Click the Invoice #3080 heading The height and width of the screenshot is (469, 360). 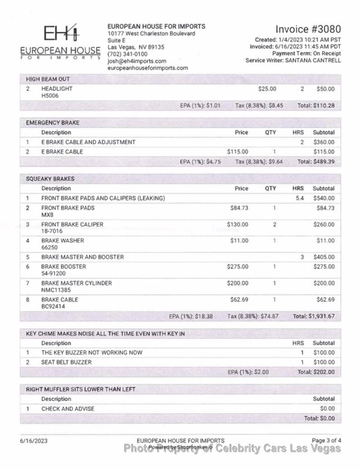(x=308, y=29)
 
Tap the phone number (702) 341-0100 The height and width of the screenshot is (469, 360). (x=127, y=54)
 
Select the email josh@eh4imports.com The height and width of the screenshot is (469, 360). (x=137, y=61)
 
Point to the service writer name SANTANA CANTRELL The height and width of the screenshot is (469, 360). (x=313, y=60)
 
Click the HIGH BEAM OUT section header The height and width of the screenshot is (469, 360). (x=48, y=79)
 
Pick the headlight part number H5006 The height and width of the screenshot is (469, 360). (x=50, y=96)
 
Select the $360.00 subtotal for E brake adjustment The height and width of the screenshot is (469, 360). (x=323, y=142)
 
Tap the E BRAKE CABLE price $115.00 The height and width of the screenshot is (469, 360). (x=237, y=152)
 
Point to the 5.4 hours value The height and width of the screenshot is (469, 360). (x=299, y=199)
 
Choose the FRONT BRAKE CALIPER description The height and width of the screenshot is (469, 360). (x=72, y=224)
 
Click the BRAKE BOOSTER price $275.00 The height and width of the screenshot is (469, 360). (x=237, y=267)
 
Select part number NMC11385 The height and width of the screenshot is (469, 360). (x=57, y=290)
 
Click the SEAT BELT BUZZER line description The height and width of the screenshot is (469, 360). (x=66, y=362)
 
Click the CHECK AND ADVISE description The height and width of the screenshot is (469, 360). (x=67, y=408)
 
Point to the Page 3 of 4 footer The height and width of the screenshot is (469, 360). (x=326, y=440)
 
